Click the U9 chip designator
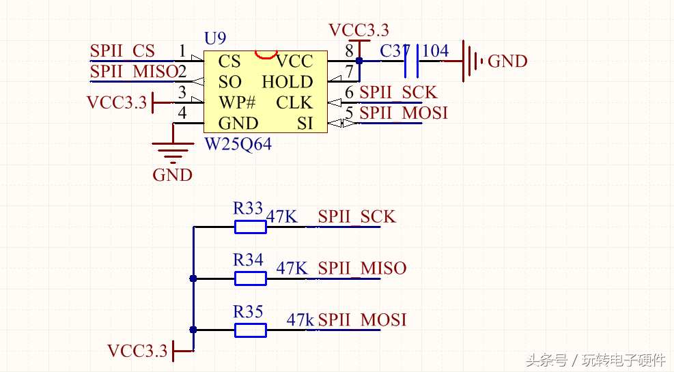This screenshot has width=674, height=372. (215, 38)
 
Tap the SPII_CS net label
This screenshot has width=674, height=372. (123, 51)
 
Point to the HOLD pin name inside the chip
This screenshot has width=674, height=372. (287, 82)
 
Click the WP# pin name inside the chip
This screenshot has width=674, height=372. (237, 102)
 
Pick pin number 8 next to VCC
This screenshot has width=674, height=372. (349, 51)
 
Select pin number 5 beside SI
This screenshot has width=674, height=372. (349, 113)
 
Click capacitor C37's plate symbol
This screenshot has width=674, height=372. (412, 61)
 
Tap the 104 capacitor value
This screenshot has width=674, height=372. (436, 51)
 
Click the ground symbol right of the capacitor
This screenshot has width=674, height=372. (471, 61)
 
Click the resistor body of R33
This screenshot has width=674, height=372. (251, 227)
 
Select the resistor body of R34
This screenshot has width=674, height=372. (251, 278)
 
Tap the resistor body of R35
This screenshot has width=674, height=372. (251, 330)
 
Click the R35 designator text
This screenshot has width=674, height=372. (248, 312)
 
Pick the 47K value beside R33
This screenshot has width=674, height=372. (282, 216)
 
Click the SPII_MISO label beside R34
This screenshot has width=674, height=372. (362, 268)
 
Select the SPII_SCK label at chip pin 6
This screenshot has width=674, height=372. (398, 92)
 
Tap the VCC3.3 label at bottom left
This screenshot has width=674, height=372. (137, 351)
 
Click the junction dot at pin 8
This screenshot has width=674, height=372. (359, 61)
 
